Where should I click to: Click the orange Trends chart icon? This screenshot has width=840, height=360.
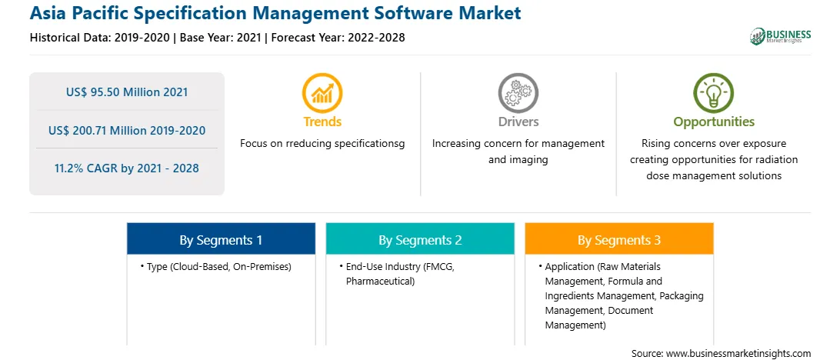coord(322,92)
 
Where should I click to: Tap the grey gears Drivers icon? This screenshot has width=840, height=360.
coord(518,92)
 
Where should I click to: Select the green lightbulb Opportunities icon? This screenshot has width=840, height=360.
coord(714,92)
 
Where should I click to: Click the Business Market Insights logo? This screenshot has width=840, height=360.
coord(781,36)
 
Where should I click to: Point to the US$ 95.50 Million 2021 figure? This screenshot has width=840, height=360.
coord(127,92)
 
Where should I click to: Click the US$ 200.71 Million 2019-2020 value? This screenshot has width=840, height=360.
coord(127,130)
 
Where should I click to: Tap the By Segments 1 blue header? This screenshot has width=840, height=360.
coord(222,238)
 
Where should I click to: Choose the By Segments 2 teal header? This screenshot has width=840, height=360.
coord(420,238)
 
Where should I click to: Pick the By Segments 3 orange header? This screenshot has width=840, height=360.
coord(619,238)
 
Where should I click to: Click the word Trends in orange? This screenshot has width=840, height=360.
coord(322,122)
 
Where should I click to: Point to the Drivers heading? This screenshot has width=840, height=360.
coord(518,122)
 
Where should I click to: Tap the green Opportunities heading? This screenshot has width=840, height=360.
coord(714,122)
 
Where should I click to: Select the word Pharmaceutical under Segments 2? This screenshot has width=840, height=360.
coord(380,282)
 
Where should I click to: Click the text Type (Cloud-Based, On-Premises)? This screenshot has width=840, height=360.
coord(219,267)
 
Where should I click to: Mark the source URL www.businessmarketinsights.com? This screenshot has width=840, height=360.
coord(738,354)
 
